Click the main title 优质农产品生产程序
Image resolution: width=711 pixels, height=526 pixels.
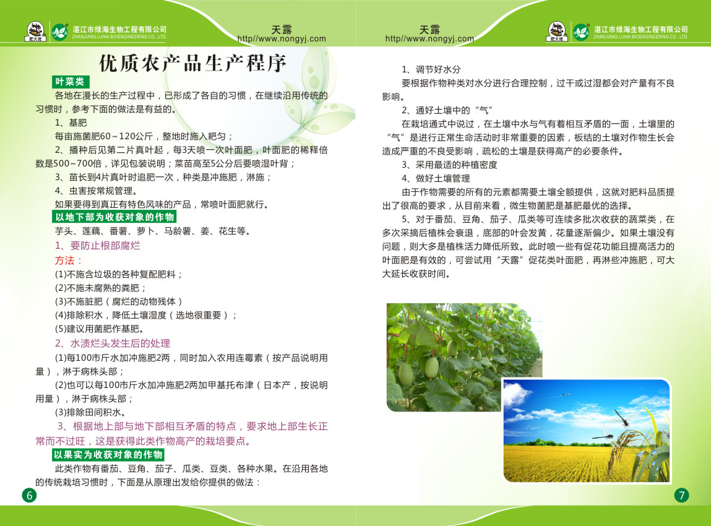pyautogui.click(x=192, y=63)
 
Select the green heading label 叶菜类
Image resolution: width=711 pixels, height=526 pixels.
pyautogui.click(x=71, y=82)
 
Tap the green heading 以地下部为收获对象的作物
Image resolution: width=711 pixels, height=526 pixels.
pyautogui.click(x=114, y=217)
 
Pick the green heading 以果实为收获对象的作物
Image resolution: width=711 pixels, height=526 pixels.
pyautogui.click(x=108, y=454)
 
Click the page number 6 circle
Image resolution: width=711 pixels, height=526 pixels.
pyautogui.click(x=30, y=495)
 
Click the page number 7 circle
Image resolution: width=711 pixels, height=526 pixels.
pyautogui.click(x=681, y=495)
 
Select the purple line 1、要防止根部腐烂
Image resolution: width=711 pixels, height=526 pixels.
pyautogui.click(x=98, y=246)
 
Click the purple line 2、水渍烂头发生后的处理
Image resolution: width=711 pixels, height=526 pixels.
pyautogui.click(x=113, y=343)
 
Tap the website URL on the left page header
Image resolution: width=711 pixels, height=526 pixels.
pyautogui.click(x=282, y=39)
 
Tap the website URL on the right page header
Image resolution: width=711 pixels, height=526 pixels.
pyautogui.click(x=429, y=39)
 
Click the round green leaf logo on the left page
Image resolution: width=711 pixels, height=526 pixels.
pyautogui.click(x=59, y=32)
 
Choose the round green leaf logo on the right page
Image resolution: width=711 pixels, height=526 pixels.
pyautogui.click(x=580, y=32)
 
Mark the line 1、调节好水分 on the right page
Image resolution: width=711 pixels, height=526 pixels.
pyautogui.click(x=431, y=69)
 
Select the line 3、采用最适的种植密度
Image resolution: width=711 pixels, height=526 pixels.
pyautogui.click(x=449, y=165)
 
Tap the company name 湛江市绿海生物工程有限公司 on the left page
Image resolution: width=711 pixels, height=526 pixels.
pyautogui.click(x=119, y=29)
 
